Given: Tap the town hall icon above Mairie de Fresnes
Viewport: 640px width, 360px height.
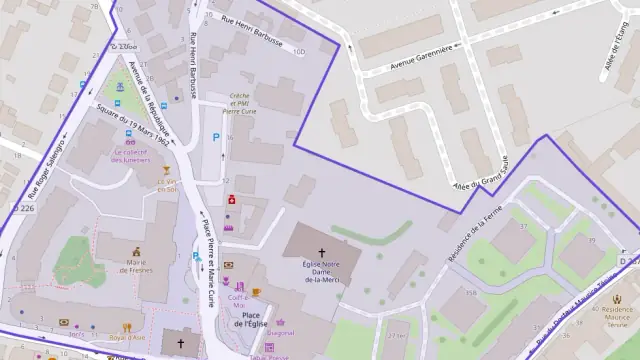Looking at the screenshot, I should click(134, 253).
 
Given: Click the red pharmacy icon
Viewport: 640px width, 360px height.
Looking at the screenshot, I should click(232, 199).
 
